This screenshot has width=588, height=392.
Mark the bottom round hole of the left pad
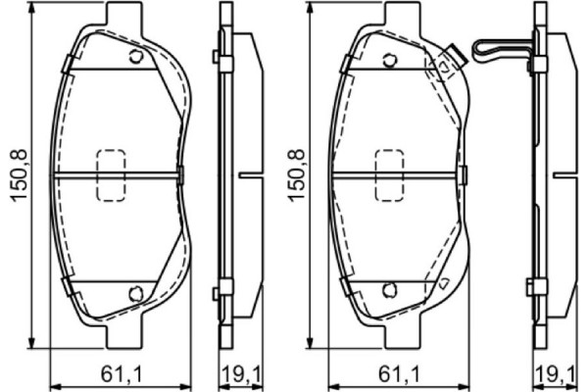tap(135, 291)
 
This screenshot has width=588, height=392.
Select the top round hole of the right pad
tap(389, 60)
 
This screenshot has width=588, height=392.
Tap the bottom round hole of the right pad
tap(389, 289)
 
